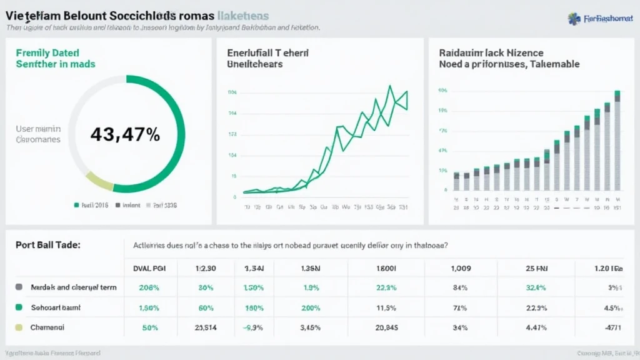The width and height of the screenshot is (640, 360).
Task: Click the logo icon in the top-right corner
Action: tap(574, 19)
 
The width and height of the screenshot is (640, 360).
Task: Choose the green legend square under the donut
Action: tap(76, 204)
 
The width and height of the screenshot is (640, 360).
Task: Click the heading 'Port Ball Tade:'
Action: tap(48, 246)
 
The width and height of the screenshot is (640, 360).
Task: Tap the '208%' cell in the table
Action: tap(149, 288)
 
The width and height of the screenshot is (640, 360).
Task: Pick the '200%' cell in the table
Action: tap(310, 308)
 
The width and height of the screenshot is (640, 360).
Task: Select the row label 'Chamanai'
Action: tap(47, 327)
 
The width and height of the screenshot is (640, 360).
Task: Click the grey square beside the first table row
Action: tap(19, 288)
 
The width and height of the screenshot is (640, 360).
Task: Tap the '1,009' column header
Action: tap(461, 269)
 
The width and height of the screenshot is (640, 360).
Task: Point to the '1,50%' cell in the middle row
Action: tap(149, 308)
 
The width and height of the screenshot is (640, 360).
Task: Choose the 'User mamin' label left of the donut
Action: tap(38, 128)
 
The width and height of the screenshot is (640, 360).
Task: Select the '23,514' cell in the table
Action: tap(206, 327)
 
